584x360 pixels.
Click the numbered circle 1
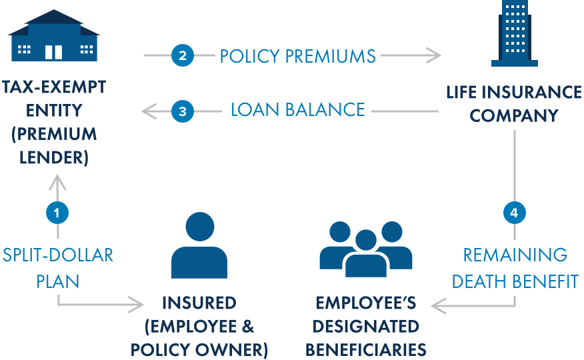click(x=57, y=213)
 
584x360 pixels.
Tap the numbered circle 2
click(x=182, y=55)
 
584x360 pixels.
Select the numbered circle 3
click(x=182, y=111)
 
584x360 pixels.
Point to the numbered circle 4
click(x=514, y=213)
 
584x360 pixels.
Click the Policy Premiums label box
click(x=298, y=55)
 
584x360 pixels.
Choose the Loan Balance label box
click(x=297, y=109)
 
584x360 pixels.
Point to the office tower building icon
click(x=514, y=34)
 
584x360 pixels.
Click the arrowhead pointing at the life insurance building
click(x=435, y=55)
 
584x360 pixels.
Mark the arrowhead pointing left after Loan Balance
click(x=148, y=111)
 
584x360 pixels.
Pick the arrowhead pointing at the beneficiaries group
click(x=437, y=305)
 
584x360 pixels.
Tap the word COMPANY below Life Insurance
click(x=514, y=115)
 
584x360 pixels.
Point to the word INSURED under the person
click(x=199, y=303)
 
